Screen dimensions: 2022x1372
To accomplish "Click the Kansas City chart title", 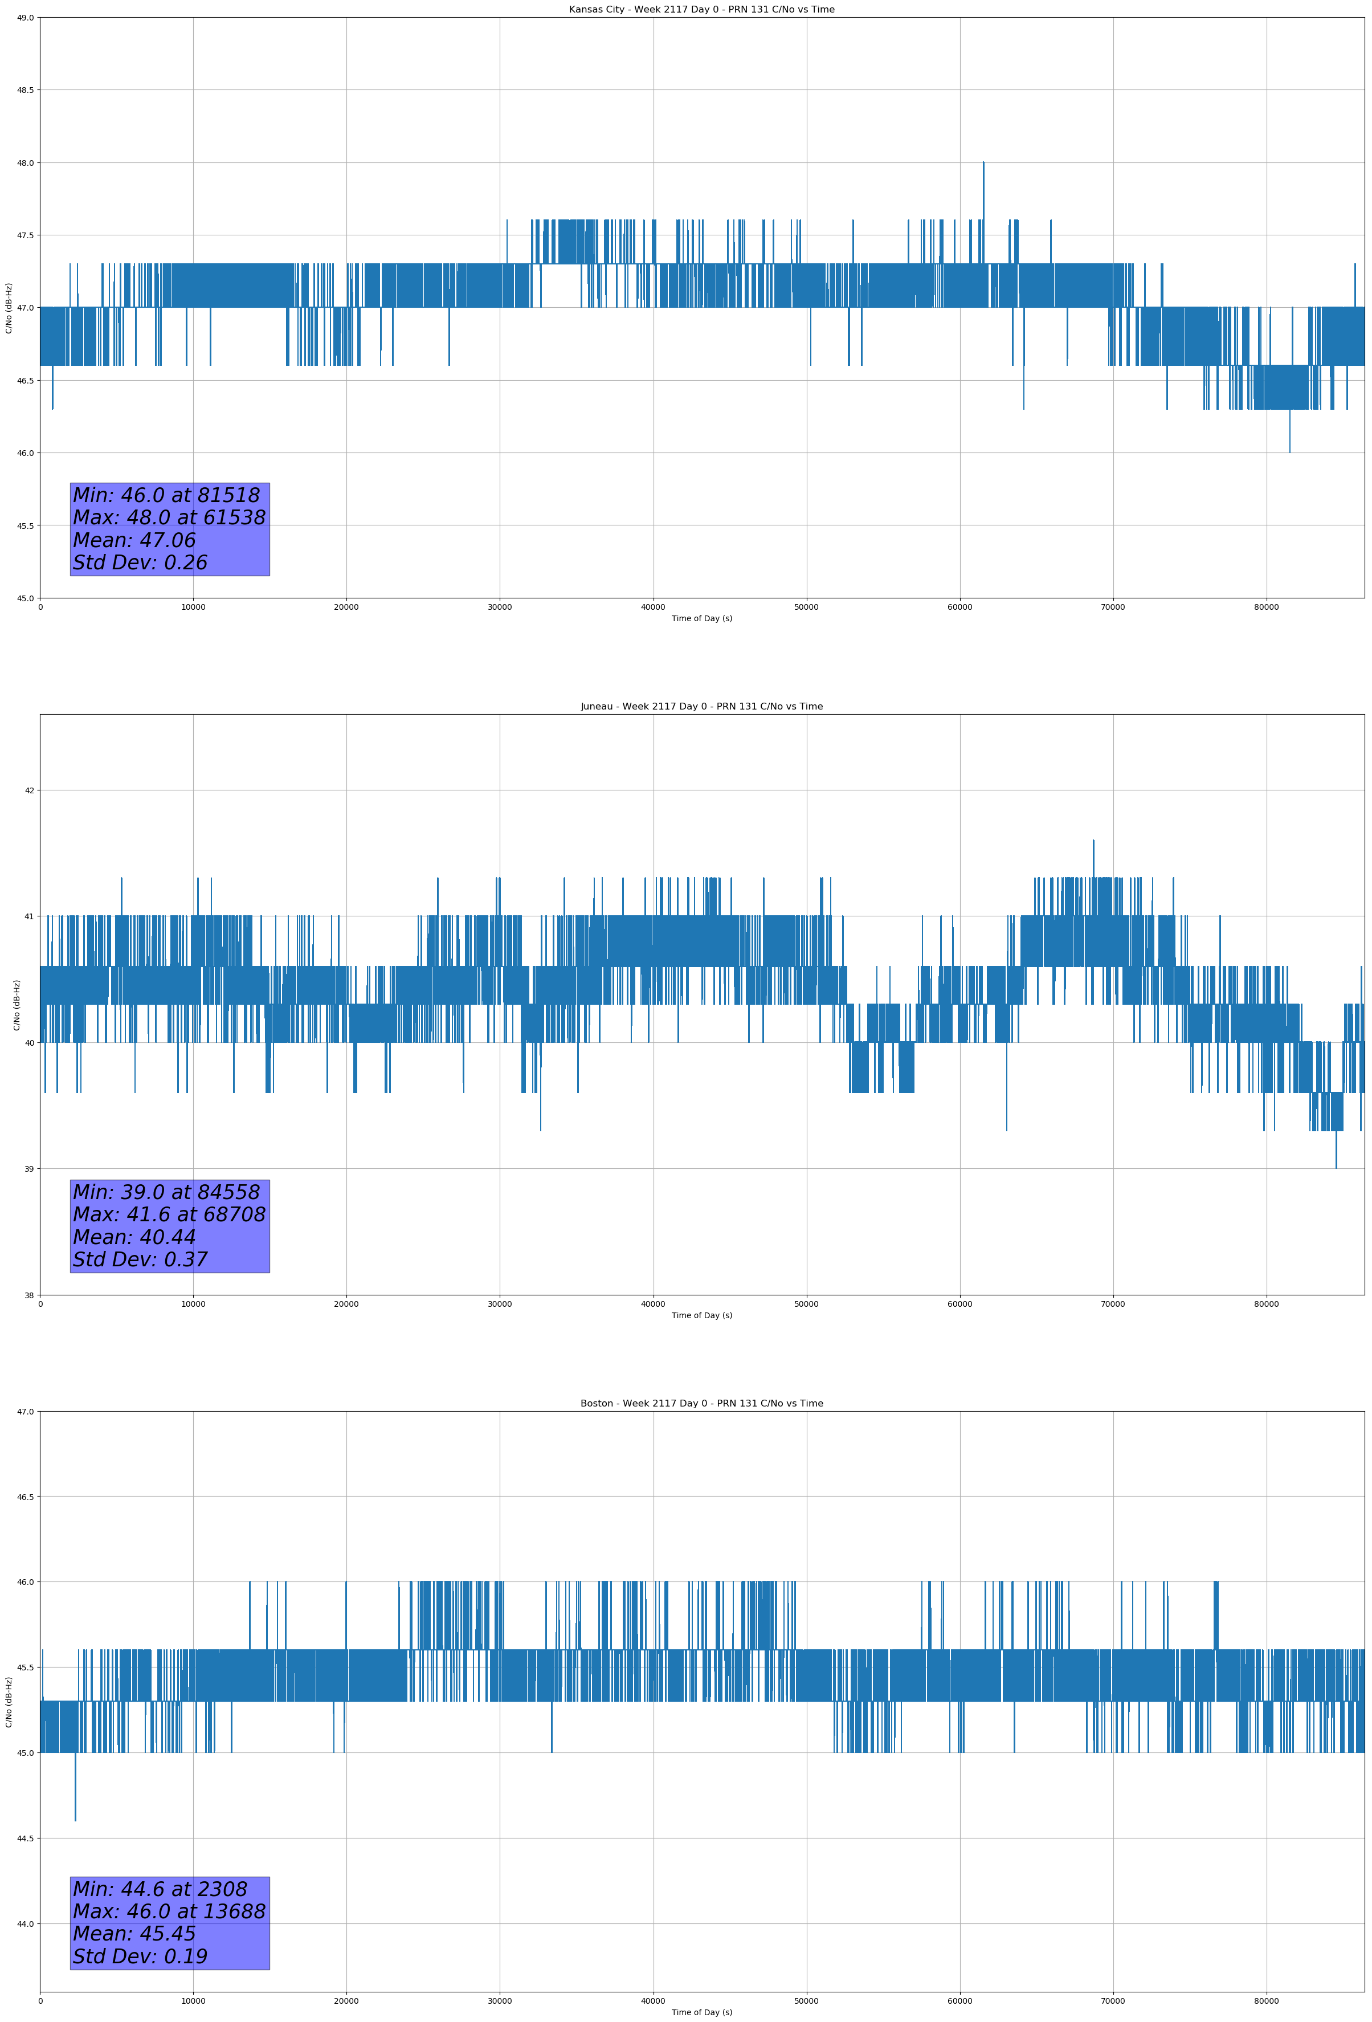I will (x=701, y=10).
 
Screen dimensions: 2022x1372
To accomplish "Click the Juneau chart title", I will (x=701, y=707).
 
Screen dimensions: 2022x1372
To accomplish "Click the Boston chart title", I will (x=701, y=1404).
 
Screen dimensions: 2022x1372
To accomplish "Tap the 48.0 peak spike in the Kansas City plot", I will (x=983, y=165).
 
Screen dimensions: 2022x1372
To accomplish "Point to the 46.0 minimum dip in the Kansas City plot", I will (x=1289, y=450).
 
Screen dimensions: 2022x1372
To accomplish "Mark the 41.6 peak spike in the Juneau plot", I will (x=1093, y=842).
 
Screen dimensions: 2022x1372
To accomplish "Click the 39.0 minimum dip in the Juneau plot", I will (x=1336, y=1166).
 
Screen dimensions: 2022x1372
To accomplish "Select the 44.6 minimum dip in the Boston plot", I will (x=76, y=1817).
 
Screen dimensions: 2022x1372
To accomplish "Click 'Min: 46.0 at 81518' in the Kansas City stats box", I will (x=166, y=495).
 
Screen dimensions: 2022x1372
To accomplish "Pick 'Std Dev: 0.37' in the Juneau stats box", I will (x=140, y=1259).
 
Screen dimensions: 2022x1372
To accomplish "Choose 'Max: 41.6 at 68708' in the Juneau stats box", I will (x=169, y=1214).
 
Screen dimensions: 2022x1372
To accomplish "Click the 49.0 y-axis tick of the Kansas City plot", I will (x=26, y=18).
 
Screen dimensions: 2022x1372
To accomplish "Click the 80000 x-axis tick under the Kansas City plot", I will (x=1266, y=608).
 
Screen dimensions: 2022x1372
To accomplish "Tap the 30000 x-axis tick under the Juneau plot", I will (x=499, y=1304).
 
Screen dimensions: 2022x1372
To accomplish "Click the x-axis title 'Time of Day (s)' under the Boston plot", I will (x=701, y=2012).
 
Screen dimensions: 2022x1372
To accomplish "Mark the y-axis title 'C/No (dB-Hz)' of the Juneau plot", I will (x=17, y=1005).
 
